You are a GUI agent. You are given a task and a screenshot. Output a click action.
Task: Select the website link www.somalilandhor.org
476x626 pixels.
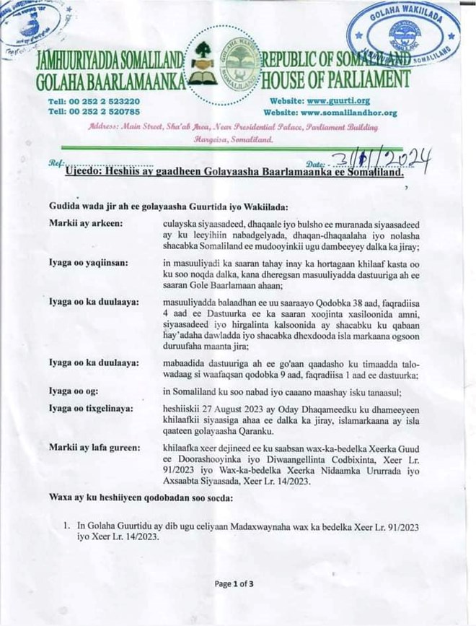coord(349,113)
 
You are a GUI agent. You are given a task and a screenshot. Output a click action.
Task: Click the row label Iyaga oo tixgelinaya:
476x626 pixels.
coord(91,409)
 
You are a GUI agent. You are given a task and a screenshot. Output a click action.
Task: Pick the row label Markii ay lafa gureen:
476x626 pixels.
coord(94,448)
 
